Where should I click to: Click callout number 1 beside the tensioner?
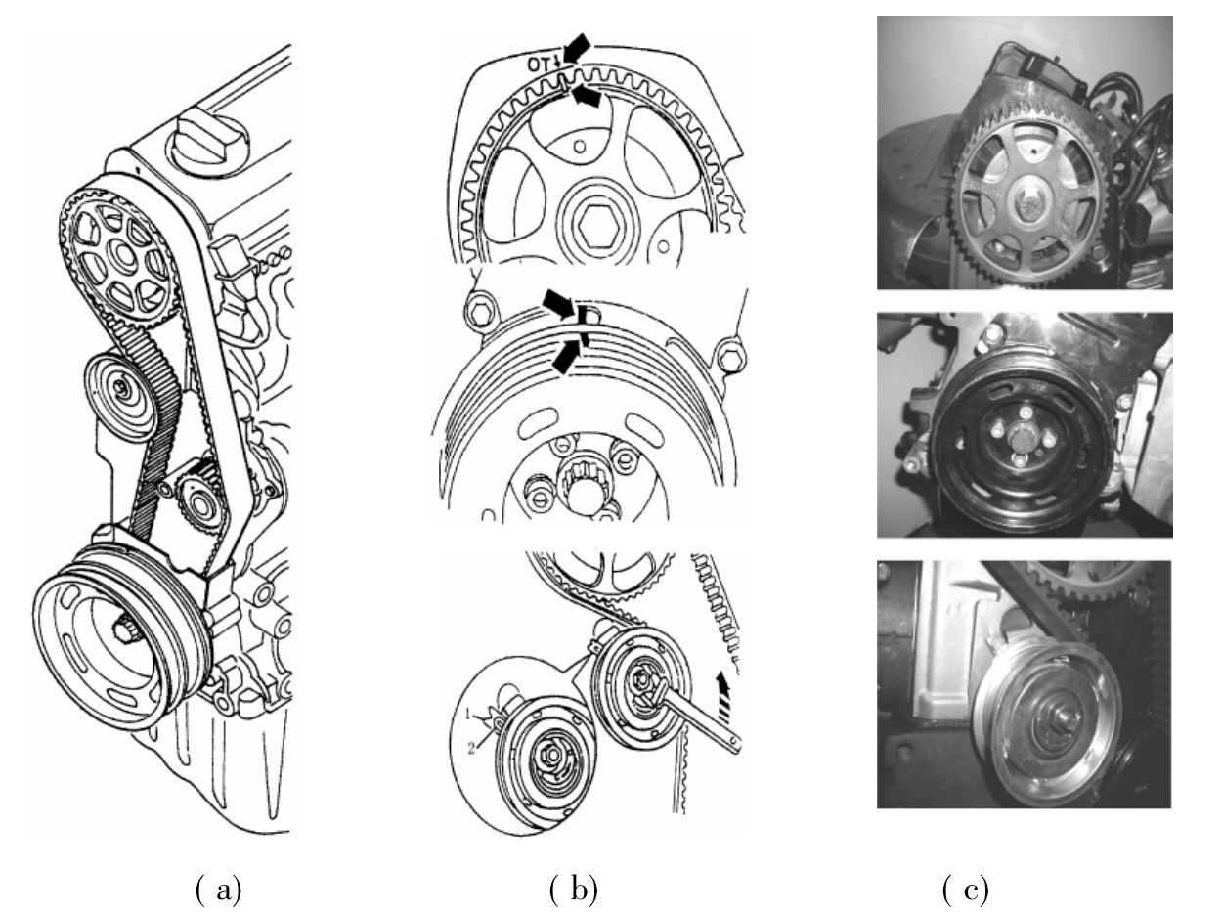tap(469, 712)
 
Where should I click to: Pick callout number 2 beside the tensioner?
tap(471, 749)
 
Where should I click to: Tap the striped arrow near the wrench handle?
tap(722, 689)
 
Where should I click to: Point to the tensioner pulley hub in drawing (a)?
tap(121, 386)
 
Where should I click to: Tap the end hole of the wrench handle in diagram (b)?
tap(735, 741)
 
